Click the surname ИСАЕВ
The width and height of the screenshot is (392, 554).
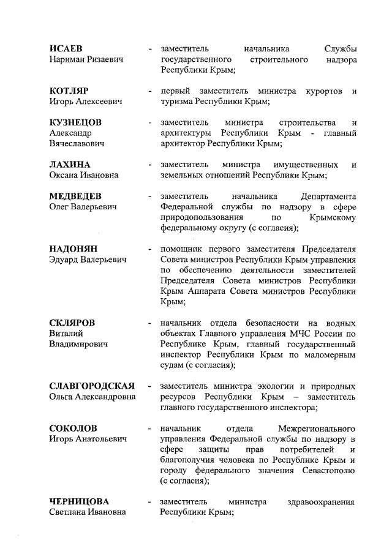66,48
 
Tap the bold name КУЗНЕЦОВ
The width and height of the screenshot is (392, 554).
75,122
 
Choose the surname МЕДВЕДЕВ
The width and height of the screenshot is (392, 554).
75,197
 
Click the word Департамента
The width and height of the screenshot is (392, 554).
329,197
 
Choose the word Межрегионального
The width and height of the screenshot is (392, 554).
317,428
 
